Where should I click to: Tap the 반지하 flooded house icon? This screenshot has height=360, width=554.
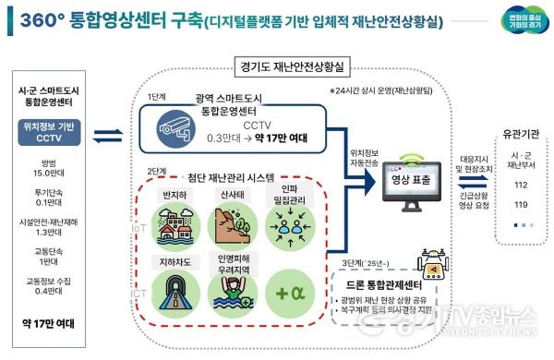click(172, 216)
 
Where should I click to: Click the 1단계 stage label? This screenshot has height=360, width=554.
click(156, 95)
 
